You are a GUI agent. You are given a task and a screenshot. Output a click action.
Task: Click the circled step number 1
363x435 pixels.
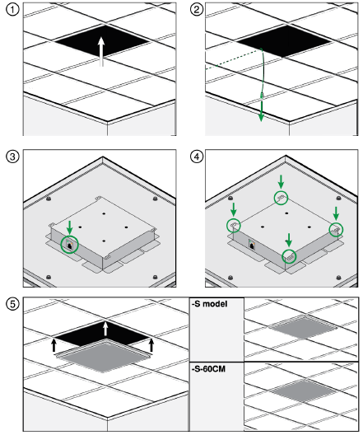tap(12, 10)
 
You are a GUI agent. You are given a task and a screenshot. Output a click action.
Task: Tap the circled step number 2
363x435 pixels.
tap(197, 10)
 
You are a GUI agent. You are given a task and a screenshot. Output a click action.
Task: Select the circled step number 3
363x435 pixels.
tap(12, 157)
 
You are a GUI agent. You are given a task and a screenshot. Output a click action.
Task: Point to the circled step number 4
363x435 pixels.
tap(197, 157)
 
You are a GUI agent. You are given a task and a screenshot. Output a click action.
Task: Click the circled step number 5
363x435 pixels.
tap(12, 304)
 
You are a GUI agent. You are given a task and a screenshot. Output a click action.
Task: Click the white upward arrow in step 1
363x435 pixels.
tap(101, 52)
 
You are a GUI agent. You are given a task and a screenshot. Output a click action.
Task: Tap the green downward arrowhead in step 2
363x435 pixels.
tap(261, 116)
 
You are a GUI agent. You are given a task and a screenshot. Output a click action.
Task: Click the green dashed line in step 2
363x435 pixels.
tap(233, 59)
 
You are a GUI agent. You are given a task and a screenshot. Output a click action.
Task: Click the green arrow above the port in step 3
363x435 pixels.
tap(69, 227)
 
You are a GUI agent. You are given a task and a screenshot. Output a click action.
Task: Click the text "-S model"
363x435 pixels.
tap(210, 304)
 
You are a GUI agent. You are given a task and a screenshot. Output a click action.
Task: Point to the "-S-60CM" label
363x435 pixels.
tap(208, 369)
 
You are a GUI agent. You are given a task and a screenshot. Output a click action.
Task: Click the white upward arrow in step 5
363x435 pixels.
tap(105, 328)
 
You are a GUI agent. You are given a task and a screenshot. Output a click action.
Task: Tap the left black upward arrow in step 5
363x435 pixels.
tap(54, 345)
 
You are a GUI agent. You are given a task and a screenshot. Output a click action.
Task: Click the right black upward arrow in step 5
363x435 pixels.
tap(151, 345)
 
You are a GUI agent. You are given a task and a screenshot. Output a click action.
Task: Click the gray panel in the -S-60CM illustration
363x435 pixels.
tap(304, 391)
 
